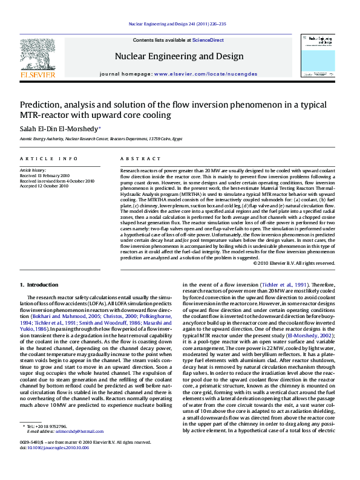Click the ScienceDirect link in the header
click(208, 40)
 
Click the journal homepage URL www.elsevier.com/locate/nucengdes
click(206, 74)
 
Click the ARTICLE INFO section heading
click(49, 158)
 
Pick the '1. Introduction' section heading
click(39, 285)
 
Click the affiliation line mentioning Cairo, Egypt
click(101, 138)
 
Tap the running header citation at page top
click(178, 24)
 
